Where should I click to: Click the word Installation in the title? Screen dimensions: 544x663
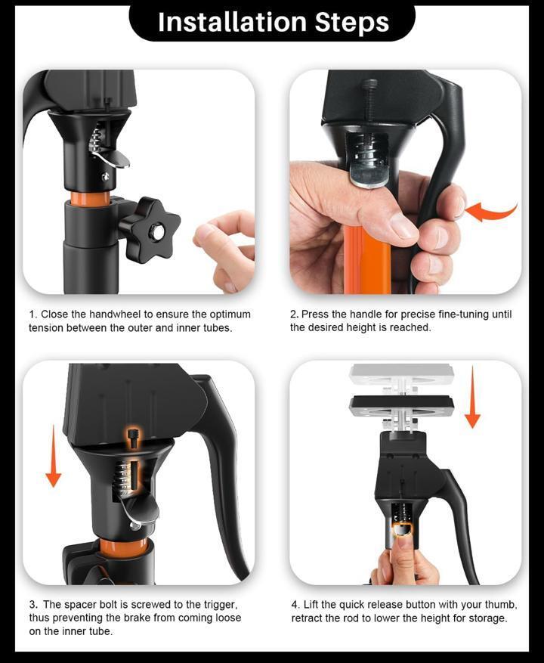[x=233, y=22]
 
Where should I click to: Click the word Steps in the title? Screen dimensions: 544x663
[x=352, y=23]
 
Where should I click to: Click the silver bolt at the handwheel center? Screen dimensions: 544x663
[x=159, y=231]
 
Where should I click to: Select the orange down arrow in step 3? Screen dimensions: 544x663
[x=53, y=457]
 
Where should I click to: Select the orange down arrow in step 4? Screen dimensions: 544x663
[x=472, y=398]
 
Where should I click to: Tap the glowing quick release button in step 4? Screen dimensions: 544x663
[x=403, y=530]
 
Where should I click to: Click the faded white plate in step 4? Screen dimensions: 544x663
[x=401, y=375]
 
